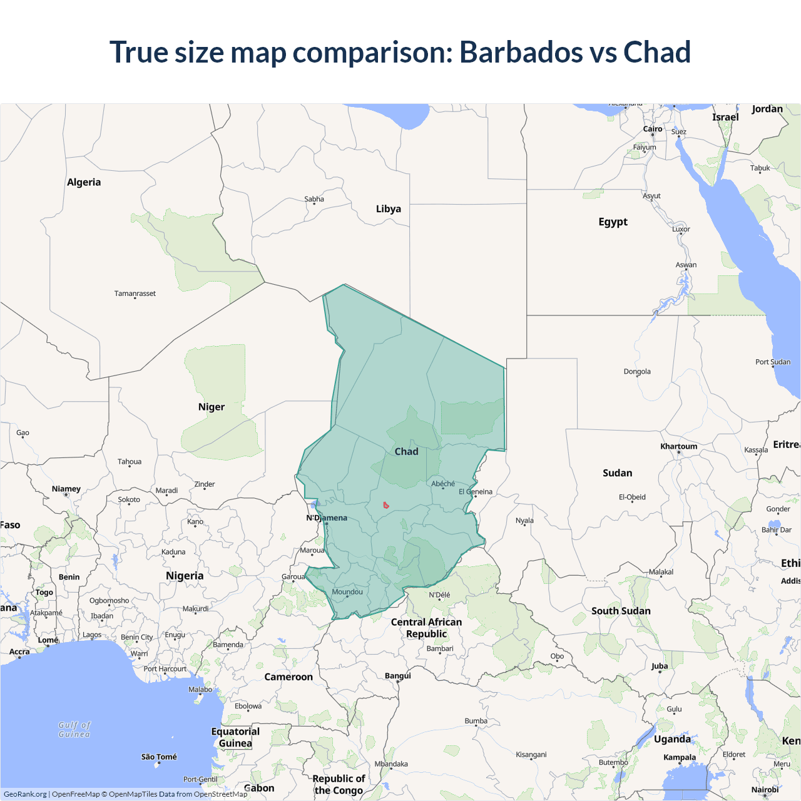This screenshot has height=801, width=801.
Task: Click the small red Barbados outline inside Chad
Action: (386, 505)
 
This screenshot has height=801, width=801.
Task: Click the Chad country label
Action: (406, 451)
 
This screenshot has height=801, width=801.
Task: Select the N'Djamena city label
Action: (326, 518)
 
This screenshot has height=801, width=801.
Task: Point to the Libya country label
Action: (388, 209)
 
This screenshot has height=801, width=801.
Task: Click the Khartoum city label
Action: (678, 446)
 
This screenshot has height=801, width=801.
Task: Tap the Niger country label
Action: (211, 407)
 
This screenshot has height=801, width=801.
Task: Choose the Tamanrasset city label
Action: (135, 293)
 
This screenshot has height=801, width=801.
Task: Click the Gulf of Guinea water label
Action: (74, 730)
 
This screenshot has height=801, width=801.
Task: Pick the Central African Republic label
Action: (426, 628)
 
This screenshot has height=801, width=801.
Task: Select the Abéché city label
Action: (443, 484)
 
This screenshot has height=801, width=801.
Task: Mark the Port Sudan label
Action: (772, 362)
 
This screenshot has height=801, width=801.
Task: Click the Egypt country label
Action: (613, 222)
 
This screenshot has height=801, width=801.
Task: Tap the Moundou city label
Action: (347, 592)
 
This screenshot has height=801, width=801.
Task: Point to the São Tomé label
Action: (159, 757)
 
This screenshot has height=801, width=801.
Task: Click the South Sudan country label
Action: (621, 611)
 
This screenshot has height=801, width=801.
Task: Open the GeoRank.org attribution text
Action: (25, 794)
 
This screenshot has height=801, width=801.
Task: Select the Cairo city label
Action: (653, 129)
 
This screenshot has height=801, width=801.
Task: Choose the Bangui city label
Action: (398, 676)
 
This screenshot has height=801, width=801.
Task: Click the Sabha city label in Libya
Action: (314, 199)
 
